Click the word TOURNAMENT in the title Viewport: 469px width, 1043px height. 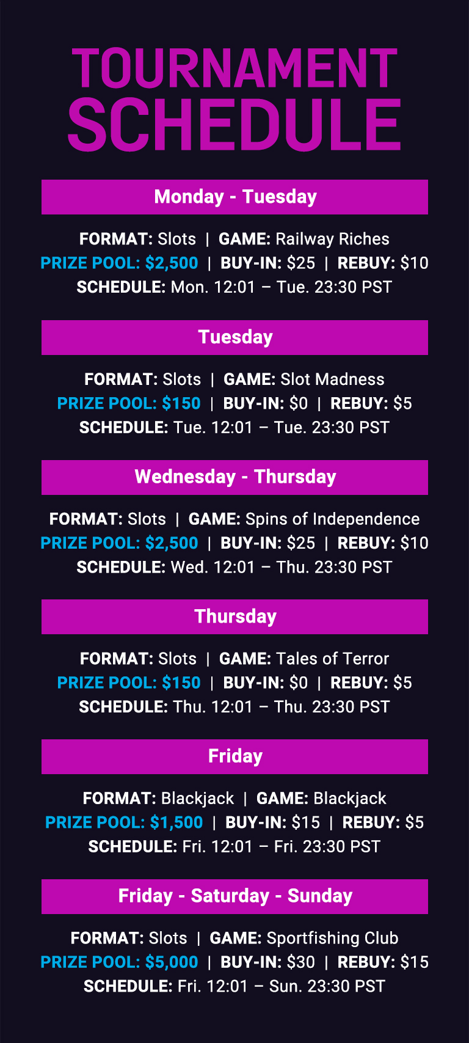pos(234,68)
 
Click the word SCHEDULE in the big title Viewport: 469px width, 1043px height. pos(234,124)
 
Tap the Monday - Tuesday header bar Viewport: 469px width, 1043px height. pos(234,197)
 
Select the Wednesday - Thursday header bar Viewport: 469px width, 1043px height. pos(234,477)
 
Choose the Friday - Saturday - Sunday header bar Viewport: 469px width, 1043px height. pos(234,896)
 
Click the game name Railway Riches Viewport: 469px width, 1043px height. pos(332,240)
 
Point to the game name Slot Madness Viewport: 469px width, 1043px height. pos(332,379)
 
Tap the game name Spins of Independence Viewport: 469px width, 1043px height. pos(332,519)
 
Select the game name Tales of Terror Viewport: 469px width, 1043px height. pos(332,659)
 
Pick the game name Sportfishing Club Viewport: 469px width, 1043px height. pos(332,939)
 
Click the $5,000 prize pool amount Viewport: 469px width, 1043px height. pos(172,962)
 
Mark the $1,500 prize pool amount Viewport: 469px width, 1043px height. pos(176,822)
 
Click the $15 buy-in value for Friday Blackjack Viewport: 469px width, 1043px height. pos(305,822)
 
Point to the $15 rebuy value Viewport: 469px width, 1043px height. pos(414,962)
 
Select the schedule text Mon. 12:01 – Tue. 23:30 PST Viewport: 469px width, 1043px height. pos(282,287)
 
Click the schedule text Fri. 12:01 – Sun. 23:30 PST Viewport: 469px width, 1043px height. pos(282,986)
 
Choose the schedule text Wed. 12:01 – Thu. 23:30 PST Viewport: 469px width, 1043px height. pos(282,567)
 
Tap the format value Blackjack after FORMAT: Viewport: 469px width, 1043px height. pos(197,799)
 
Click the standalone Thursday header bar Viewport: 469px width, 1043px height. pos(234,617)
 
